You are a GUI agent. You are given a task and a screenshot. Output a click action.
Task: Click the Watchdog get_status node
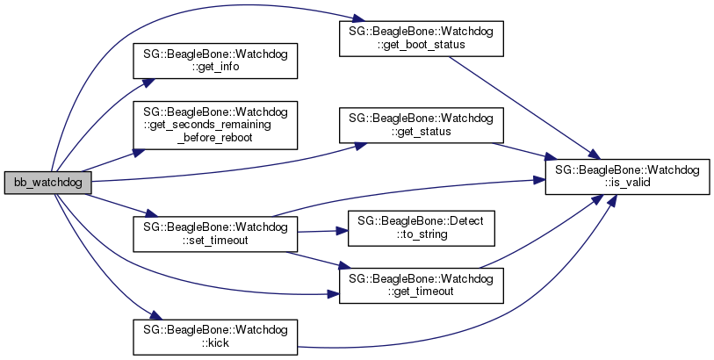[x=422, y=125]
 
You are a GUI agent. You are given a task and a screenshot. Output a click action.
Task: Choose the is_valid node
[x=627, y=176]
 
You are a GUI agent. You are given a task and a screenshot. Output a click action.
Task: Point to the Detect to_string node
[x=422, y=227]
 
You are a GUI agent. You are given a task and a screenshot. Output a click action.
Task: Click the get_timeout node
[x=422, y=284]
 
